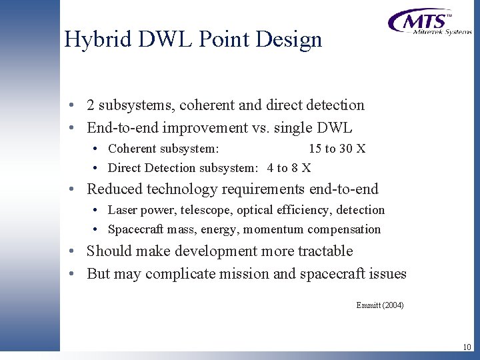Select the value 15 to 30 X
pos(337,149)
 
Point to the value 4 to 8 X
pos(289,168)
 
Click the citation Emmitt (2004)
pos(380,305)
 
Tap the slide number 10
pos(466,347)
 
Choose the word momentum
pos(273,229)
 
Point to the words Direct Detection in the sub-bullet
pos(151,168)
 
